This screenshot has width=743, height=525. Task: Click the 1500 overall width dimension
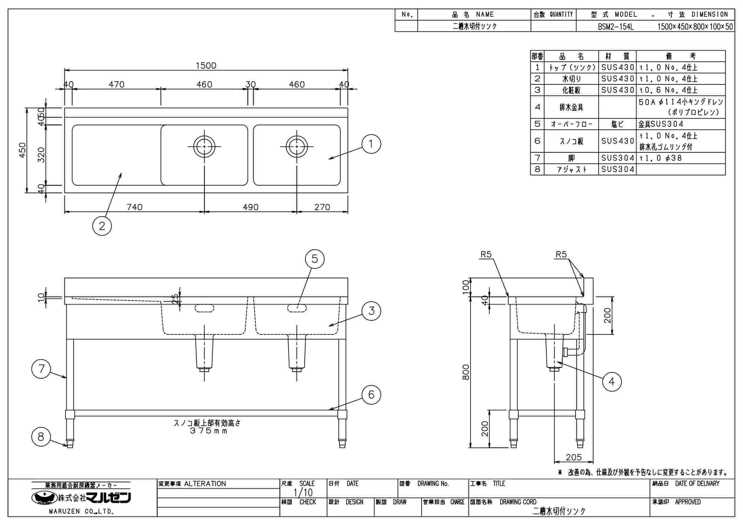pos(206,66)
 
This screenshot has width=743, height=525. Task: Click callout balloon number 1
pos(371,144)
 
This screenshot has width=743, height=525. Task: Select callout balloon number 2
pos(102,226)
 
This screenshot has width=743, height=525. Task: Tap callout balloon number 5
pos(315,259)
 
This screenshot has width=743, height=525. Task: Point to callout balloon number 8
pos(41,437)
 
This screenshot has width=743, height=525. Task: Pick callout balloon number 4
pos(612,382)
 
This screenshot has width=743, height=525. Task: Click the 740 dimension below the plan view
pos(134,207)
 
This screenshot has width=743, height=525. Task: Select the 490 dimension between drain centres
pos(250,207)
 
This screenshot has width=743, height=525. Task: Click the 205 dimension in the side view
pos(574,457)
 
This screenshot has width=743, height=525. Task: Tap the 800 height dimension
pos(466,372)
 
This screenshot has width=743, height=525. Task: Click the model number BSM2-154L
pos(616,27)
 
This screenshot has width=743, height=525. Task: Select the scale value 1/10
pos(303,493)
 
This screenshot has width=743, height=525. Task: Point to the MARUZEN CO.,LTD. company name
pos(81,512)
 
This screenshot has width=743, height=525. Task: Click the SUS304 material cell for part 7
pos(617,158)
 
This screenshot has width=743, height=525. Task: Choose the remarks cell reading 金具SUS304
pos(661,124)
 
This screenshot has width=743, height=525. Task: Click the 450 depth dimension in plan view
pos(22,150)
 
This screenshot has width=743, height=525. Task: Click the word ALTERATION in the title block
pos(205,484)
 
